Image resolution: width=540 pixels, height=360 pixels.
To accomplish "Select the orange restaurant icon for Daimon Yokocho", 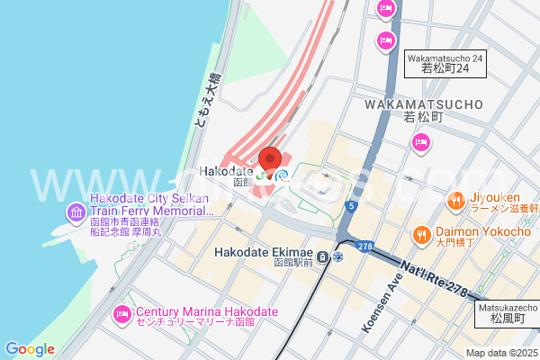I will pyautogui.click(x=420, y=235).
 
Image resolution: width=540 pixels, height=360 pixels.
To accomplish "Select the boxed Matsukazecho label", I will pyautogui.click(x=507, y=312).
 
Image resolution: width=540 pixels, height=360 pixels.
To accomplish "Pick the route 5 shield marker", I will pyautogui.click(x=353, y=206).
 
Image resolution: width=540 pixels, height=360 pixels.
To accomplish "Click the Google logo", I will pyautogui.click(x=30, y=349).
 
